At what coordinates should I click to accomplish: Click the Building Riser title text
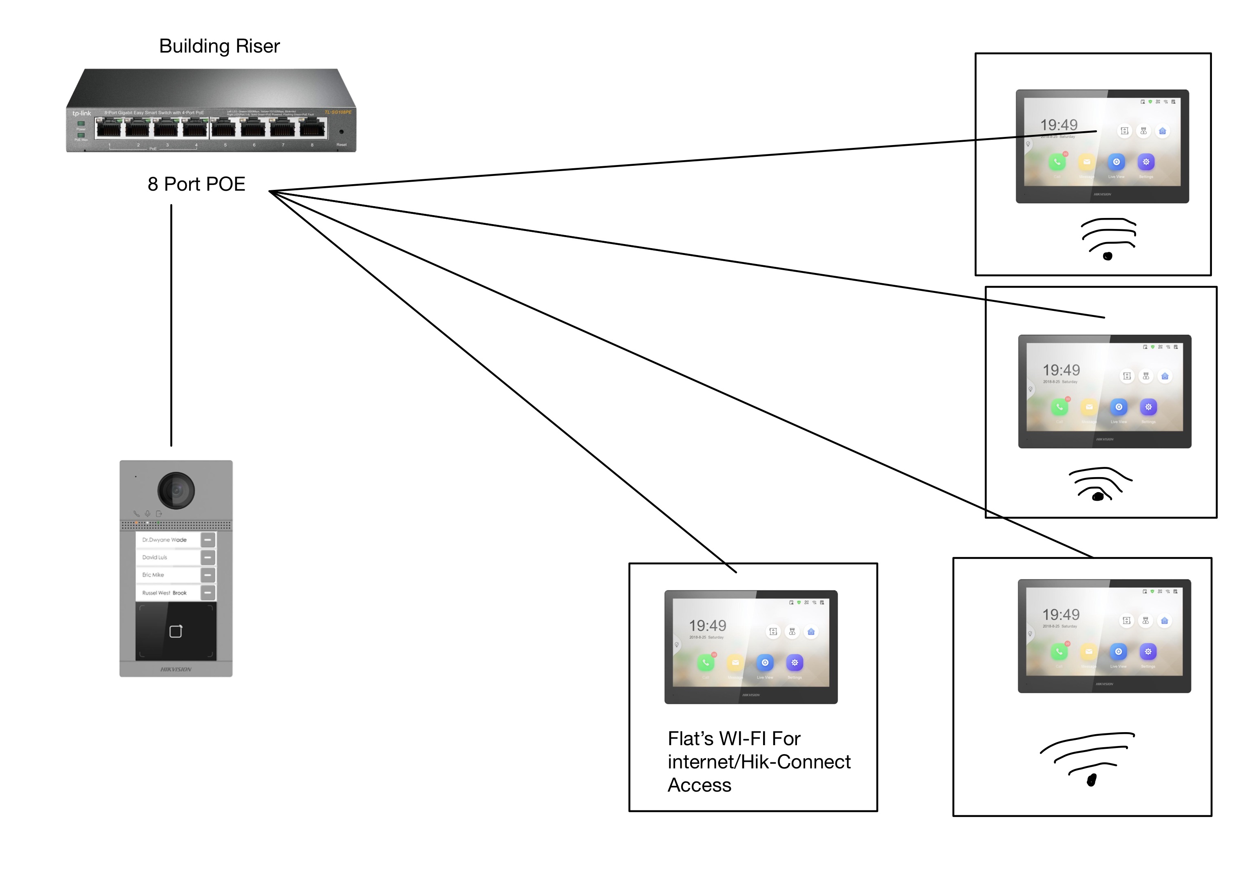219,46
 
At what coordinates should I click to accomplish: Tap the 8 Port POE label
196,184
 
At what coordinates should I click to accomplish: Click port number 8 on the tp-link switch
312,129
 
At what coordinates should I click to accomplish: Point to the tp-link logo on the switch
82,113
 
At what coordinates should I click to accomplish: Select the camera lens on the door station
176,490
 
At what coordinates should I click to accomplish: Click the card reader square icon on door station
176,632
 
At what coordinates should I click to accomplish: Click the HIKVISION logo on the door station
176,669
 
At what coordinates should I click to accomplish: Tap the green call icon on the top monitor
1057,162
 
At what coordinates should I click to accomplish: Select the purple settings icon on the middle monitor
1148,407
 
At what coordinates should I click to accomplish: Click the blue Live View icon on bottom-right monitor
1118,651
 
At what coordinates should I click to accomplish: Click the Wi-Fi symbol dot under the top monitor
1107,256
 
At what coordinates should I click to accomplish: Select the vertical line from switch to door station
172,326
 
